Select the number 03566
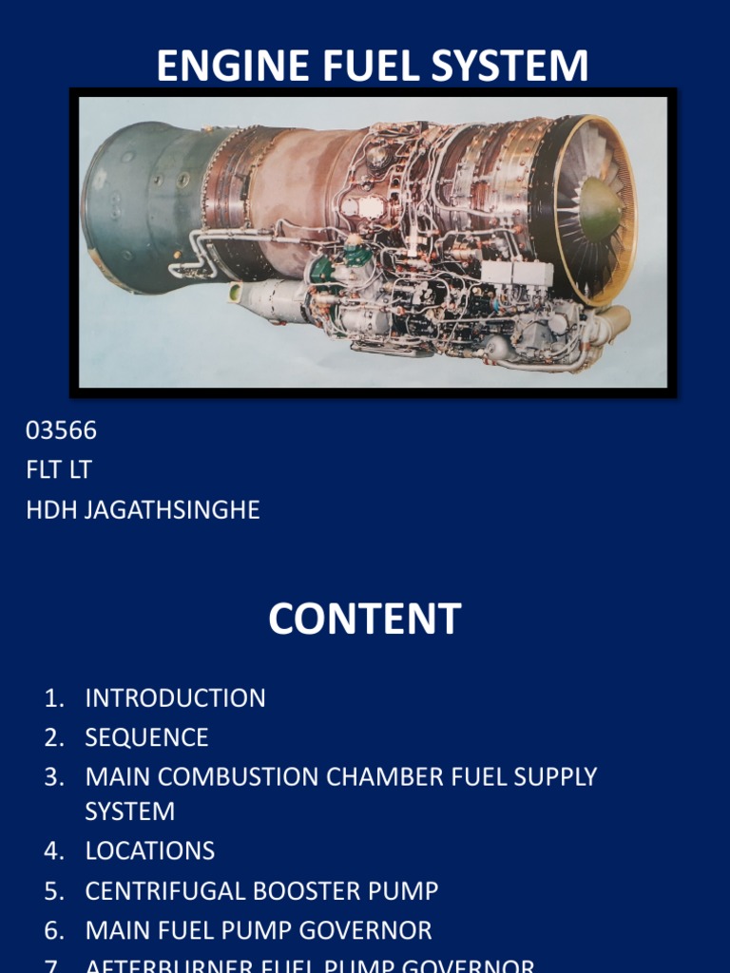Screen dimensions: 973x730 [x=61, y=430]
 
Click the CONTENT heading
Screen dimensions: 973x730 [x=364, y=620]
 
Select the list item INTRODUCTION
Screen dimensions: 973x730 [x=175, y=698]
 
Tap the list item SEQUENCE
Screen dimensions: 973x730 [x=146, y=737]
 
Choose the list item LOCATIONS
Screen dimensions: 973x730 [x=149, y=850]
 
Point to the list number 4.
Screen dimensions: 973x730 [x=53, y=850]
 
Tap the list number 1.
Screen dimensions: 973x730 [x=53, y=698]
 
